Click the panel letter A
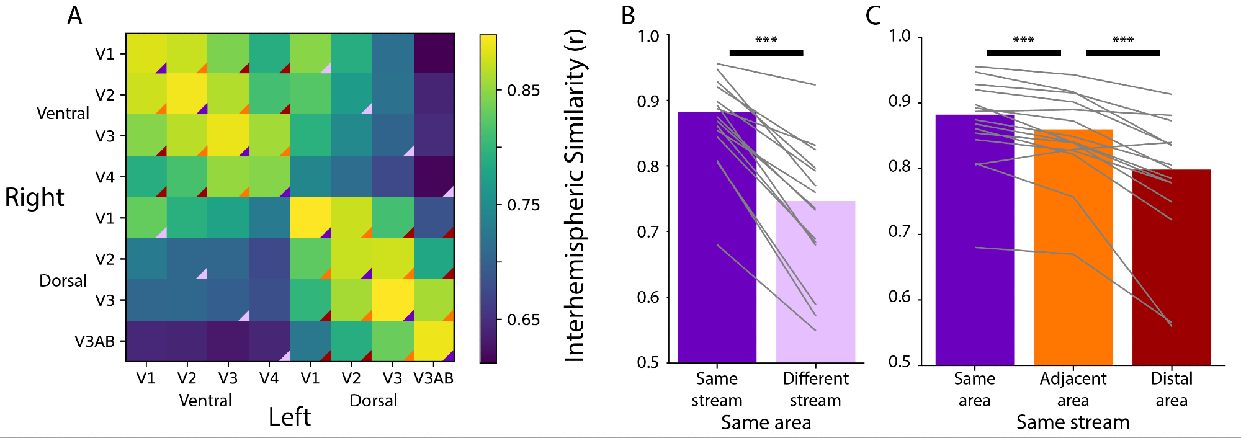click(74, 16)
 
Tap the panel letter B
click(628, 16)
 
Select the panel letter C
click(873, 16)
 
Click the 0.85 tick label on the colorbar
click(523, 91)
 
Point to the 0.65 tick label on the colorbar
click(523, 320)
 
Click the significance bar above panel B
click(766, 53)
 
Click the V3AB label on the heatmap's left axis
click(94, 341)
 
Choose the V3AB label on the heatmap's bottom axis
click(434, 378)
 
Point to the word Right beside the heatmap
click(34, 197)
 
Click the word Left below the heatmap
click(289, 417)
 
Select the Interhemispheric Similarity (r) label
click(575, 195)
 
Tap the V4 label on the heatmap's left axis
click(105, 177)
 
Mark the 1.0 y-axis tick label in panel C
click(900, 36)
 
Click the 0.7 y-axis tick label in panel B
click(648, 232)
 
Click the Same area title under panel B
click(766, 423)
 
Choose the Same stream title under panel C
click(1073, 422)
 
